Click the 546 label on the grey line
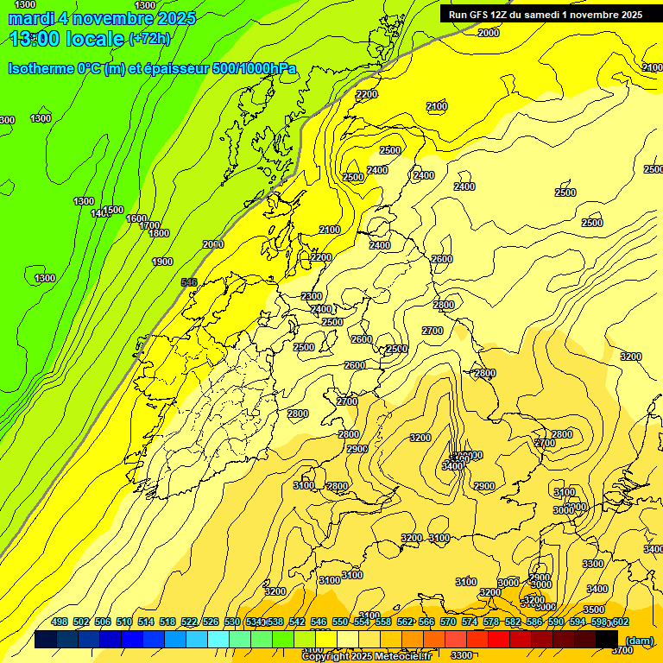pyautogui.click(x=189, y=282)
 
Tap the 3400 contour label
pyautogui.click(x=452, y=465)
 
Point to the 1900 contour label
pyautogui.click(x=161, y=262)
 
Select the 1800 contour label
pyautogui.click(x=158, y=233)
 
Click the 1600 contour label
pyautogui.click(x=136, y=218)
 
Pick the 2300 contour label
pyautogui.click(x=312, y=296)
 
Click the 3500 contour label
pyautogui.click(x=593, y=609)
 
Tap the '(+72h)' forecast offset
pyautogui.click(x=149, y=38)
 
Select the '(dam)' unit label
pyautogui.click(x=639, y=641)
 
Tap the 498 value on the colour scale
pyautogui.click(x=60, y=622)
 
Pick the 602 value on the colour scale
pyautogui.click(x=620, y=622)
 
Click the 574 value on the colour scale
pyautogui.click(x=470, y=622)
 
